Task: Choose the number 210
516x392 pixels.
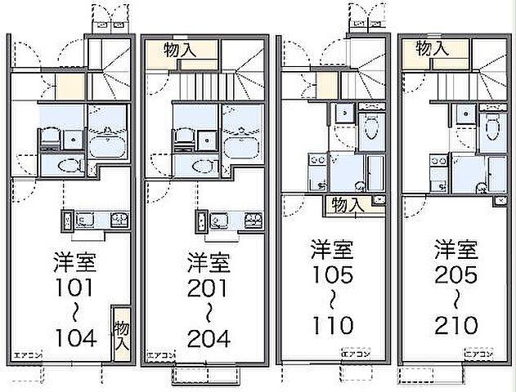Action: (455, 325)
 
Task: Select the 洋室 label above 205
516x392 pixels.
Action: (455, 247)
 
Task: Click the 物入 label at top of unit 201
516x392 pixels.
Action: (180, 49)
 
